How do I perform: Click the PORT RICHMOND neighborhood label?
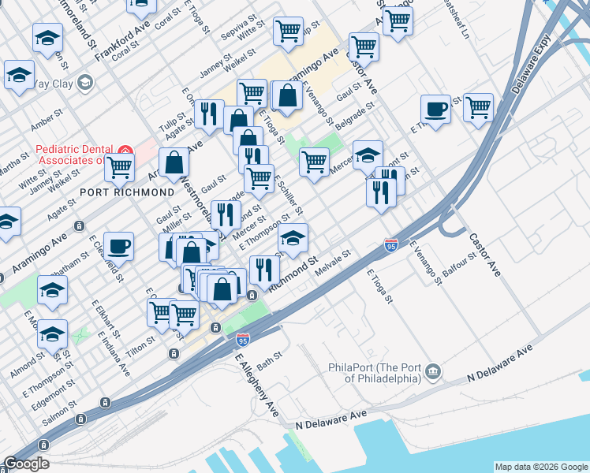click(x=127, y=192)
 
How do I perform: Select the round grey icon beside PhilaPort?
click(x=433, y=371)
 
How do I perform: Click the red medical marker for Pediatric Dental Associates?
click(x=124, y=151)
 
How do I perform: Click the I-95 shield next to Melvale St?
click(x=392, y=246)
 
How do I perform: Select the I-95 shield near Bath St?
click(x=243, y=340)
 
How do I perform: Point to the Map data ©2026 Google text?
click(x=540, y=467)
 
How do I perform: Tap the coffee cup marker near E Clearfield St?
click(x=119, y=246)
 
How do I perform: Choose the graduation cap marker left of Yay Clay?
click(x=18, y=75)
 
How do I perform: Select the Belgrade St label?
click(x=353, y=114)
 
